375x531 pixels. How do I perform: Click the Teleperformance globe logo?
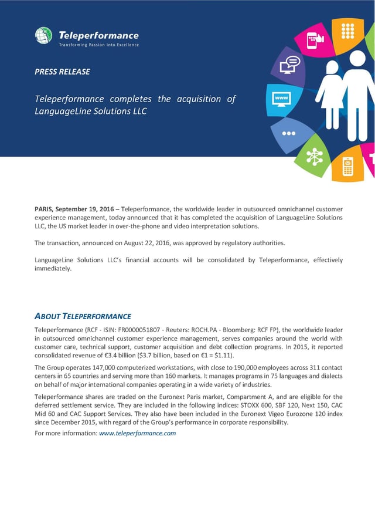(x=43, y=36)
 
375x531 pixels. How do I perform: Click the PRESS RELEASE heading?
(x=62, y=72)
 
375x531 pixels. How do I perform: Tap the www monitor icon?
(x=280, y=98)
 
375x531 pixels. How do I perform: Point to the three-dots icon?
(x=289, y=133)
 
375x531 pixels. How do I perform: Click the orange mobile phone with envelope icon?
(x=348, y=167)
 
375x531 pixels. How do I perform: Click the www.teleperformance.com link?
(x=138, y=433)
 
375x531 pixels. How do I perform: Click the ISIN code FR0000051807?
(x=139, y=330)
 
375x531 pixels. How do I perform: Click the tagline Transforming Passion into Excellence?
(x=98, y=45)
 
